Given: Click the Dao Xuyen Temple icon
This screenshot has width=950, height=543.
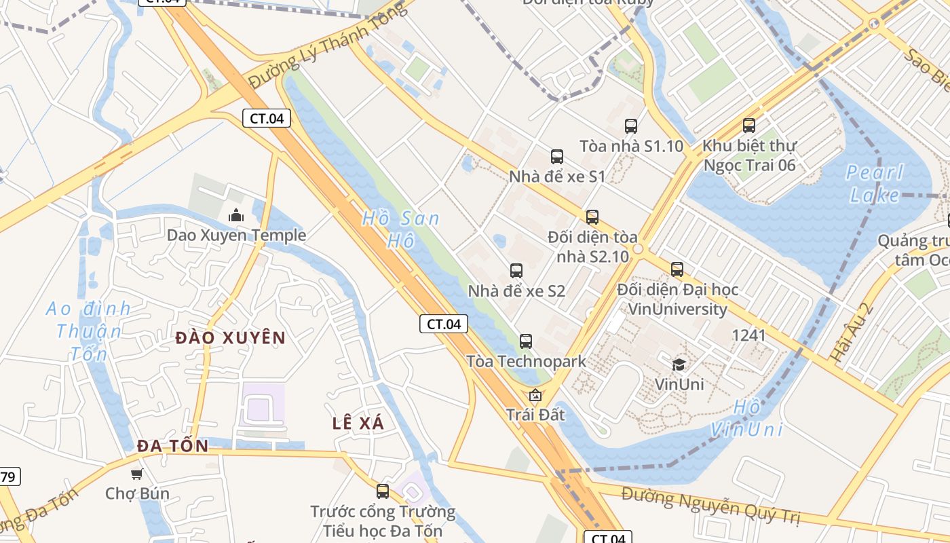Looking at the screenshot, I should point(236,216).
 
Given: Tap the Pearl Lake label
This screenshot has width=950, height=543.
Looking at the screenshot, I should point(875,183).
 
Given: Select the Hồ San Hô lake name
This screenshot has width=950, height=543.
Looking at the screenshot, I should point(400,229).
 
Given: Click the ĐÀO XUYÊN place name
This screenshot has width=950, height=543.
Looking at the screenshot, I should point(231,337).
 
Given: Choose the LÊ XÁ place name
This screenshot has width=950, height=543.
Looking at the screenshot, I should point(358,423).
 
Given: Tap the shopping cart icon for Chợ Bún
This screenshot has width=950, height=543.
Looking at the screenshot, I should point(137,474).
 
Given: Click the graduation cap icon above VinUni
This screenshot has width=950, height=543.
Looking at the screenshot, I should point(679,364).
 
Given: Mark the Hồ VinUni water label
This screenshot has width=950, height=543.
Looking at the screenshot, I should point(747,418).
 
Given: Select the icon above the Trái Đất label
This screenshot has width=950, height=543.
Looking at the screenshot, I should point(535,395).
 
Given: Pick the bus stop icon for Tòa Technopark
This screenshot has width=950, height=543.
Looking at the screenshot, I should point(525,341).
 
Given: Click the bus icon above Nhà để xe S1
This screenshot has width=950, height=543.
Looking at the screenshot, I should point(557,157).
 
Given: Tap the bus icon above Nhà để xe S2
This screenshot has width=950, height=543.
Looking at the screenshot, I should point(516,271).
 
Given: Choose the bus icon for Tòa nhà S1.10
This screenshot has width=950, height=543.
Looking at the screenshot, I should point(631,126).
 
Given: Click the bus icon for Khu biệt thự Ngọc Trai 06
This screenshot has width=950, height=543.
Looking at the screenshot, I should point(749,126).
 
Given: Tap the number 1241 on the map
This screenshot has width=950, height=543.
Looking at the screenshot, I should point(748,335).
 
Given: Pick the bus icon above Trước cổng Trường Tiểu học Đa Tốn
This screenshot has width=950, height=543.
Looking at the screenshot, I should point(383,491).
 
